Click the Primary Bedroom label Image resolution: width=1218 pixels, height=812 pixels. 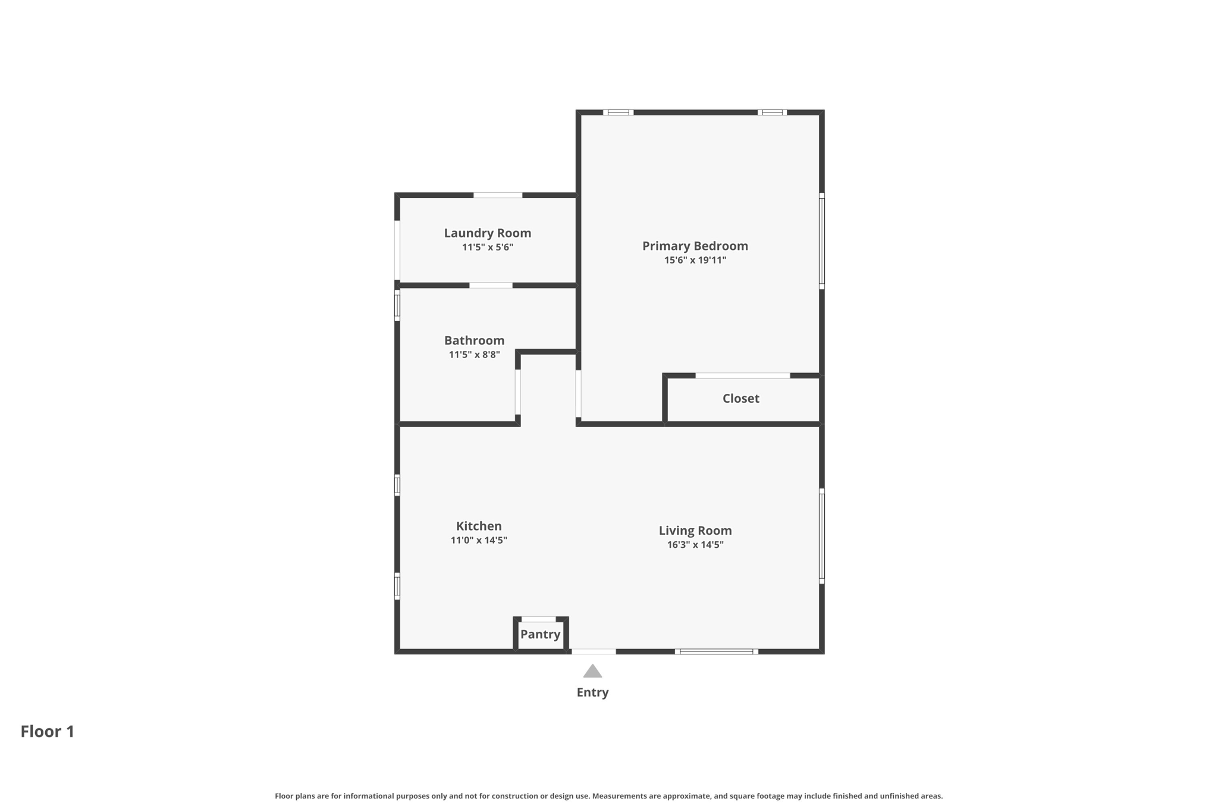point(695,246)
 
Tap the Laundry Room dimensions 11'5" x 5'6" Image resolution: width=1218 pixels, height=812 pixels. point(488,247)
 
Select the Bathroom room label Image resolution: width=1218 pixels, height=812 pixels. point(474,340)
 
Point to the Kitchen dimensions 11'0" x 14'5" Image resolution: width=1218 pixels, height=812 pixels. point(479,540)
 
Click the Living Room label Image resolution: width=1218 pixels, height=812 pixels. point(695,531)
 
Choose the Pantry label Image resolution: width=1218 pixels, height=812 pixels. point(540,634)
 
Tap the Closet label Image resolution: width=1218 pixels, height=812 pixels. point(740,399)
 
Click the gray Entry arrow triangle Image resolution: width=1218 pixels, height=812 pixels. point(592,671)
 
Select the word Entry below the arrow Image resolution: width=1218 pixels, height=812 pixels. point(592,692)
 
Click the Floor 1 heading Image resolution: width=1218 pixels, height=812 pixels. point(48,731)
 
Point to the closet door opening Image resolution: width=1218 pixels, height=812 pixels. point(743,375)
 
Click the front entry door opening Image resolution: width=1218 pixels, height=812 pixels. point(594,651)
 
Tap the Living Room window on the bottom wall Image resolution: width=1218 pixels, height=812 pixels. point(717,651)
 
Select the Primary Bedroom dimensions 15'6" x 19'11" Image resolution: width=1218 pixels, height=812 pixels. point(695,260)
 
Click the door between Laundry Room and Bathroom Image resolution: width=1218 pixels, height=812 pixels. point(491,286)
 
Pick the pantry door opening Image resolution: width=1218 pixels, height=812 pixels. point(539,619)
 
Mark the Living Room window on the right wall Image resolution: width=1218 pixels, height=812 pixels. point(822,536)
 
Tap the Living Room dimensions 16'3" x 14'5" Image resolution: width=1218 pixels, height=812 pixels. point(695,545)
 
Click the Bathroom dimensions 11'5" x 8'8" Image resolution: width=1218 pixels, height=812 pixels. point(474,355)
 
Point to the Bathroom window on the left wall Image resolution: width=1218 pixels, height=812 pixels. point(397,306)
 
